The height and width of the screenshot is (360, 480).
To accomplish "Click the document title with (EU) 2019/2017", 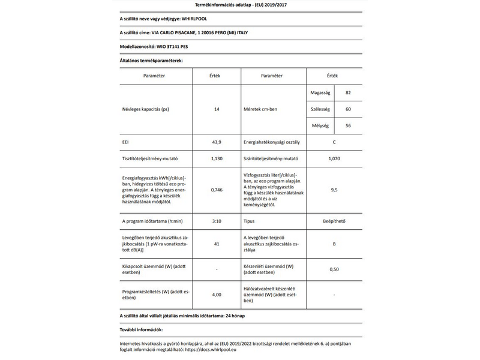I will tap(239, 5).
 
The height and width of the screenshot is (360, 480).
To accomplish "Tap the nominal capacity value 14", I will tap(217, 110).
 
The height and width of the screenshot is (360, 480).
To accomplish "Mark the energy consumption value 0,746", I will tap(217, 190).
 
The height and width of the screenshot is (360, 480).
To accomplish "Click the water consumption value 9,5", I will tap(334, 190).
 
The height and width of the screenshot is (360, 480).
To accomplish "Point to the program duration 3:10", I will tap(217, 221).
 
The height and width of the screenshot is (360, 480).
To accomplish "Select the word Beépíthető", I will tap(334, 221).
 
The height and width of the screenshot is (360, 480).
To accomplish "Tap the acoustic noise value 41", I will tap(217, 245).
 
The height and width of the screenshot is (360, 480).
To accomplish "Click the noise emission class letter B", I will tap(334, 245).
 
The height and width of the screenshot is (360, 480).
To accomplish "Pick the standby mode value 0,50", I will tap(334, 269).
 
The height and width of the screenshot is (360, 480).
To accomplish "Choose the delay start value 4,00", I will tap(217, 295).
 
